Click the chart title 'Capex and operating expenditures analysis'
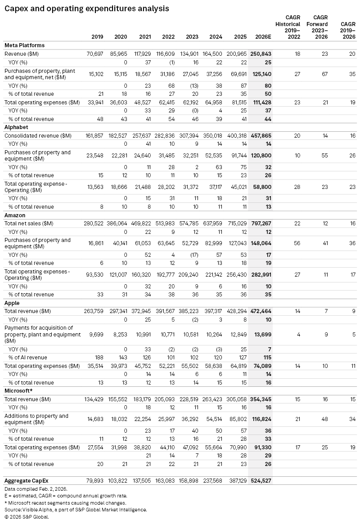pos(87,8)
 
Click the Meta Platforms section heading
pos(24,45)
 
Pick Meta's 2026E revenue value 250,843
pos(261,54)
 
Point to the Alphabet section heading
pos(16,127)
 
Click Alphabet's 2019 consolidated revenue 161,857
pos(93,135)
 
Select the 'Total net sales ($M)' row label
pos(29,223)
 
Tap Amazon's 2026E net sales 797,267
pos(261,223)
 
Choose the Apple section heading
pos(12,303)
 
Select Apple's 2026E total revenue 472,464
pos(261,311)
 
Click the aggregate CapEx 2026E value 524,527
pos(261,480)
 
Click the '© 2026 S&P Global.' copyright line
pos(27,517)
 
